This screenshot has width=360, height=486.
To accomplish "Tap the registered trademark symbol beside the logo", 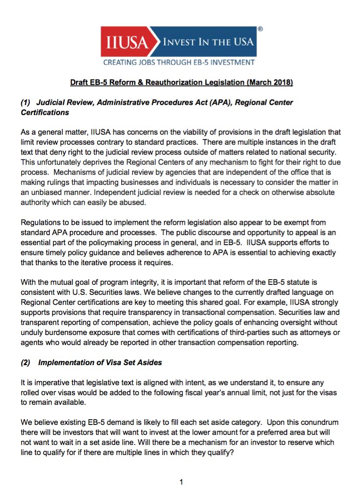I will [x=260, y=29].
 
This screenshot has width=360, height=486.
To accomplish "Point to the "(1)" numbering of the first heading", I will [x=27, y=103].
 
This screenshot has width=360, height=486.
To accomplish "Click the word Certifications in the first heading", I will [x=45, y=112].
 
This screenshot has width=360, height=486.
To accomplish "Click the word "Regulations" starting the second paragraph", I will [x=40, y=222].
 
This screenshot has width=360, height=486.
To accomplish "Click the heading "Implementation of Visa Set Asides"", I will [x=100, y=363].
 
